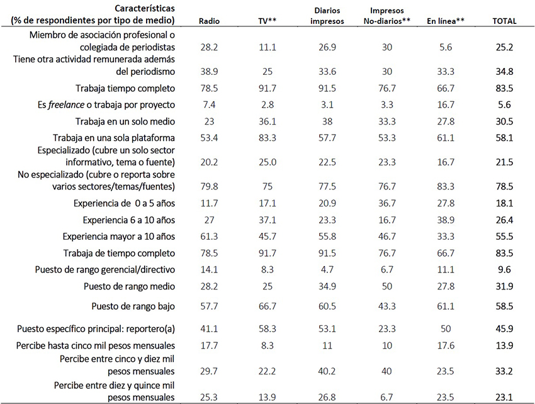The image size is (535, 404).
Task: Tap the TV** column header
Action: pyautogui.click(x=268, y=21)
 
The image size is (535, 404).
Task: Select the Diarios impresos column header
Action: pyautogui.click(x=327, y=16)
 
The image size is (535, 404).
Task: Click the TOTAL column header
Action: pyautogui.click(x=504, y=21)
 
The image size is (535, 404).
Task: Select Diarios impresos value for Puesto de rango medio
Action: pyautogui.click(x=327, y=286)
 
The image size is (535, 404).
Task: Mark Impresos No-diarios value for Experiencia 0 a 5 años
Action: pyautogui.click(x=388, y=204)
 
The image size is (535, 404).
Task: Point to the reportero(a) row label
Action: pyautogui.click(x=96, y=328)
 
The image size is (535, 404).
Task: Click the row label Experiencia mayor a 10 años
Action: pyautogui.click(x=119, y=237)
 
